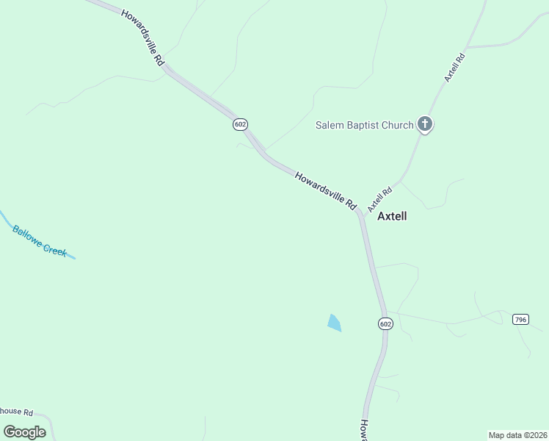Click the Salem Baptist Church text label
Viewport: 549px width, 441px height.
pos(365,125)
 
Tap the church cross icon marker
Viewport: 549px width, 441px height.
pos(425,124)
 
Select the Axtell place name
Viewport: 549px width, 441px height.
pos(392,216)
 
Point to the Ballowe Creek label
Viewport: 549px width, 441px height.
pos(40,240)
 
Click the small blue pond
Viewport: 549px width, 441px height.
pos(334,322)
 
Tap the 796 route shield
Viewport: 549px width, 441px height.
pos(521,319)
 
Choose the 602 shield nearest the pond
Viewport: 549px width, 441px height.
pos(386,323)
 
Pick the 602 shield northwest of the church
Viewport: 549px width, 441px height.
pos(240,124)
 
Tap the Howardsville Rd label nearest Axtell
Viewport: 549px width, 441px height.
pos(325,191)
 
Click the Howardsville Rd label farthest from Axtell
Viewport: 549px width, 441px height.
pos(142,39)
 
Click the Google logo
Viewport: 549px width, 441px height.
pos(24,431)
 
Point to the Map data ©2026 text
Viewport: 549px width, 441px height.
pos(517,435)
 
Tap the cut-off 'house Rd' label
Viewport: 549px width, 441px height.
pos(17,412)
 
